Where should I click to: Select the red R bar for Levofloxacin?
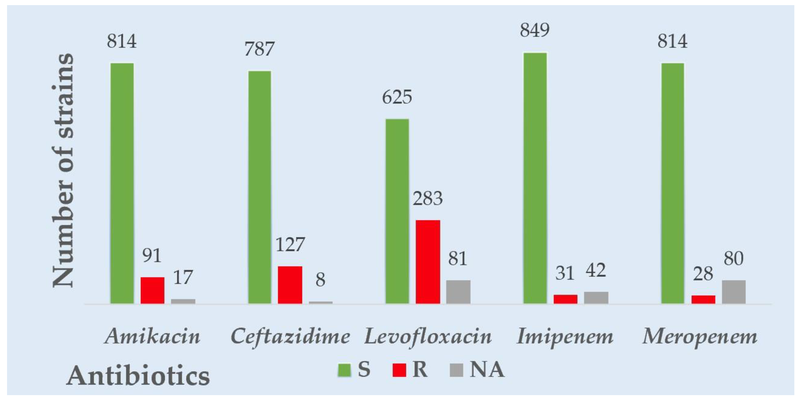428,262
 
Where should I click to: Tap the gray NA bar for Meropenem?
734,292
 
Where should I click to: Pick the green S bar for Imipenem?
535,178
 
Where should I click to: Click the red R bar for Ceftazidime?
290,285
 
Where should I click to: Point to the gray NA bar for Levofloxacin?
458,292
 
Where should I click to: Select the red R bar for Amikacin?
152,290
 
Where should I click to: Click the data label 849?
535,30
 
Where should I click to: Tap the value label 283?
428,198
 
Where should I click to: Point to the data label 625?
397,97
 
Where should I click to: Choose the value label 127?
290,245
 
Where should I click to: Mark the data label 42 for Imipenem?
596,271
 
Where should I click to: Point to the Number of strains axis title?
63,170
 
